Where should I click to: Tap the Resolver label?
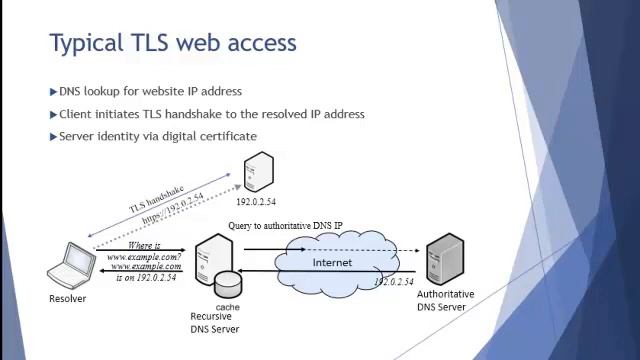[68, 298]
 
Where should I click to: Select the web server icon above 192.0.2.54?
[259, 173]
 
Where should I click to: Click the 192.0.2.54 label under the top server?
[258, 201]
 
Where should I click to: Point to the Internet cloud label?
[332, 262]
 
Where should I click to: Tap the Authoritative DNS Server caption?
[445, 300]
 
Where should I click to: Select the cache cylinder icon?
[228, 282]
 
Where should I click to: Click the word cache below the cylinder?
[227, 307]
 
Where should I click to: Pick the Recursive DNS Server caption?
[215, 323]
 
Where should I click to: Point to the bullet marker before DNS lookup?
[53, 92]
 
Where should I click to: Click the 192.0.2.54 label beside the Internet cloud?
[394, 282]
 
